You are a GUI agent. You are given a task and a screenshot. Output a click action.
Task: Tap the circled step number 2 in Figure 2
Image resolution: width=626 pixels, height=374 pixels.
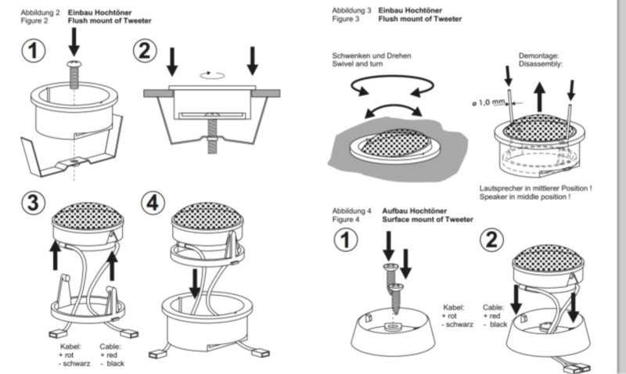[146, 51]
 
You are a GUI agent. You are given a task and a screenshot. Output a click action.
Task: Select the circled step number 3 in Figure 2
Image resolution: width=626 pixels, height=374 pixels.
[33, 203]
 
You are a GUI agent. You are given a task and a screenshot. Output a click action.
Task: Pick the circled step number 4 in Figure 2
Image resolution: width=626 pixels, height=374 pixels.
[155, 203]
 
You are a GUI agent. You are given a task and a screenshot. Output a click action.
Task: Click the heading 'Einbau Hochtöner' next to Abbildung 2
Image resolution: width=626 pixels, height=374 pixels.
[97, 12]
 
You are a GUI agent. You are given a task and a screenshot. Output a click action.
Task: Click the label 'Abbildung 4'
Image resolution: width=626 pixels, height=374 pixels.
[351, 211]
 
